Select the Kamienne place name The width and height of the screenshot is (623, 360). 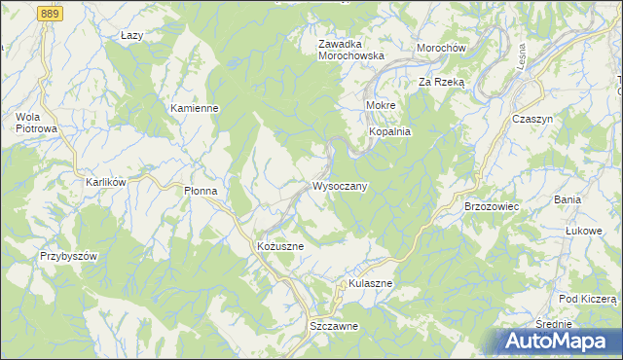(x=194, y=108)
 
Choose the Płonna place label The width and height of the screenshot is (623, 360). (x=206, y=192)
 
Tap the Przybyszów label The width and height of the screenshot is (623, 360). (x=70, y=256)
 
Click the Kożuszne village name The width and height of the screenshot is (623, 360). (x=280, y=246)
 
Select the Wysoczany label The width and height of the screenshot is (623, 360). (x=339, y=186)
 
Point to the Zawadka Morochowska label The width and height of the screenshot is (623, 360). (x=351, y=50)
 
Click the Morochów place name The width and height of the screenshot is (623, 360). (x=442, y=48)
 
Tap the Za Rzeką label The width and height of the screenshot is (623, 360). (x=442, y=83)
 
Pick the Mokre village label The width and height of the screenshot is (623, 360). (x=380, y=104)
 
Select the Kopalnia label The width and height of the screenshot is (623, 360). (x=389, y=130)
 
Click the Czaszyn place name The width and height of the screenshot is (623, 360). (x=532, y=118)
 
